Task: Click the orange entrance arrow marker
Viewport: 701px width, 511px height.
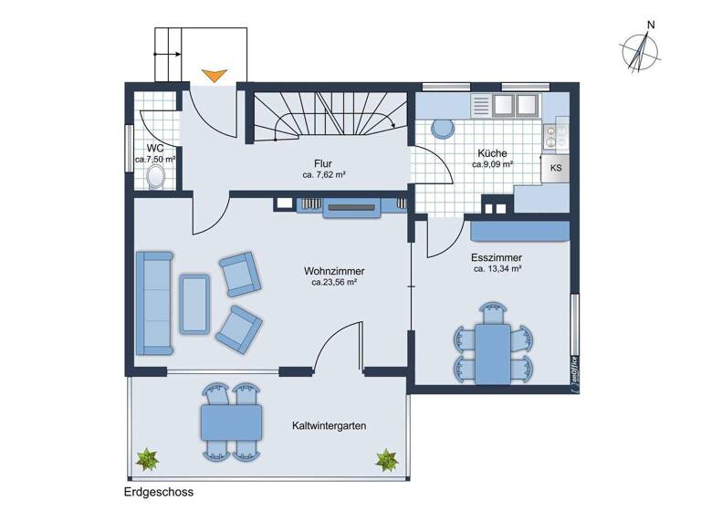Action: pyautogui.click(x=214, y=76)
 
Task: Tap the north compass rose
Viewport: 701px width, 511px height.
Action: pyautogui.click(x=642, y=50)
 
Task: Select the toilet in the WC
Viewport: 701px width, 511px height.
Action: pyautogui.click(x=157, y=175)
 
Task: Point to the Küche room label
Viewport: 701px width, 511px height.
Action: pyautogui.click(x=492, y=154)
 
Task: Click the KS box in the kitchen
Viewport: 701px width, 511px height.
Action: pyautogui.click(x=556, y=168)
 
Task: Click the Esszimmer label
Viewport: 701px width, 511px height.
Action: pyautogui.click(x=497, y=257)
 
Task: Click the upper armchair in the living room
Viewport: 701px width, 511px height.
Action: pyautogui.click(x=239, y=274)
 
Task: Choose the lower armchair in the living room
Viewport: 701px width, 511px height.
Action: pyautogui.click(x=238, y=328)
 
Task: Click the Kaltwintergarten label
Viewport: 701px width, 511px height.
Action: pyautogui.click(x=330, y=426)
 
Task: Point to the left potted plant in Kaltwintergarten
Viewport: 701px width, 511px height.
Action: pyautogui.click(x=146, y=459)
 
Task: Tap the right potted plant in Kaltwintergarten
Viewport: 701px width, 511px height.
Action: pyautogui.click(x=386, y=459)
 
